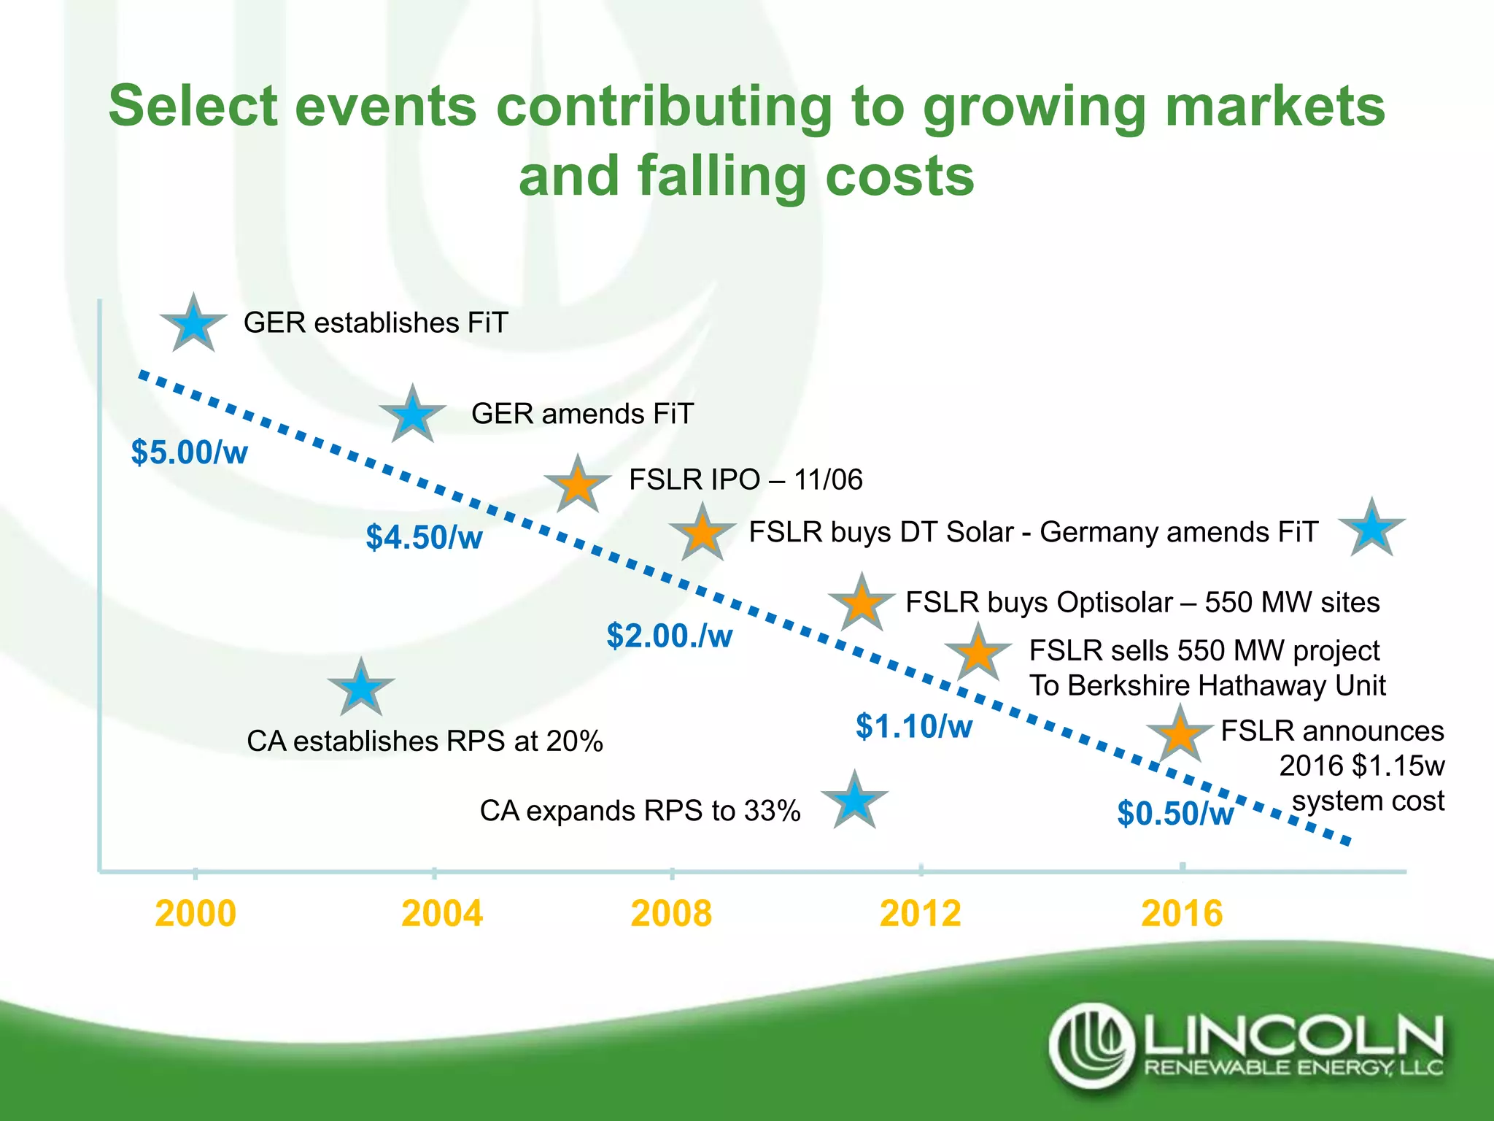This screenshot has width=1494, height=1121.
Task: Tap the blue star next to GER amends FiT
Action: coord(413,415)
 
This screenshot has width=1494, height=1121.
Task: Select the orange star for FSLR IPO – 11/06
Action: coord(578,485)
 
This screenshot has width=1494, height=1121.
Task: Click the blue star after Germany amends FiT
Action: coord(1371,529)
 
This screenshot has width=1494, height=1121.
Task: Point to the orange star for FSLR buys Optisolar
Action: coord(862,604)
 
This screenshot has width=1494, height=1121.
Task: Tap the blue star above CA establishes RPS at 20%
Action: coord(361,688)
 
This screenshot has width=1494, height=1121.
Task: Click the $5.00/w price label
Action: coord(190,452)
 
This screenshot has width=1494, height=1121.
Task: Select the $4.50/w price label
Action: coord(424,537)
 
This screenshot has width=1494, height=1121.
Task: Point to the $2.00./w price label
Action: coord(669,636)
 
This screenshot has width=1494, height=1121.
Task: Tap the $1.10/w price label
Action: coord(913,726)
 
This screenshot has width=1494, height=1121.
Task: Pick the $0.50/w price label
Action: coord(1175,813)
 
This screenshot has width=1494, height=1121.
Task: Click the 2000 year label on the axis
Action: coord(196,914)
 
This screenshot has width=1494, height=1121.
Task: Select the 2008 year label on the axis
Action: coord(671,914)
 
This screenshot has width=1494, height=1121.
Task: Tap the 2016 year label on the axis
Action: coord(1182,914)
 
